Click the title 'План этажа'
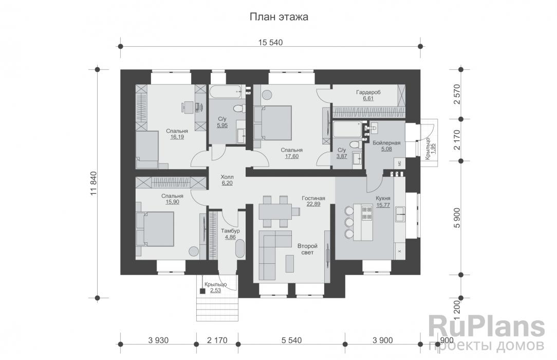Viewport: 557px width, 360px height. pos(278,16)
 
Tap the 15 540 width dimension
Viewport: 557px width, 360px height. pos(271,43)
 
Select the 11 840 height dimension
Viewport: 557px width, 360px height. pos(94,184)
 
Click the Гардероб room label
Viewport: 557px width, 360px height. pos(368,93)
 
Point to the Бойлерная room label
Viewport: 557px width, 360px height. pos(386,143)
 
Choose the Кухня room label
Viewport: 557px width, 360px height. pos(383,199)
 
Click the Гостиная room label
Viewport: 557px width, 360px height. pos(313,199)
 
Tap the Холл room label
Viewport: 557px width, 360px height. pos(227,176)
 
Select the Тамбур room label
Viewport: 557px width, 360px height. pos(230,230)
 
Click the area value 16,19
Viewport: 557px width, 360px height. pos(177,137)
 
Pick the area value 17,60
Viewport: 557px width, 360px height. pos(292,156)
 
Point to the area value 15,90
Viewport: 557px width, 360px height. pos(172,202)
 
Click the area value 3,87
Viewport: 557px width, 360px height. pos(342,156)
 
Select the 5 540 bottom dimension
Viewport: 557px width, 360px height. pos(292,340)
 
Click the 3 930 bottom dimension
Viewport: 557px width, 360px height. pos(158,340)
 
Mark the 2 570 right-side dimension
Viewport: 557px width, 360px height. pos(457,94)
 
